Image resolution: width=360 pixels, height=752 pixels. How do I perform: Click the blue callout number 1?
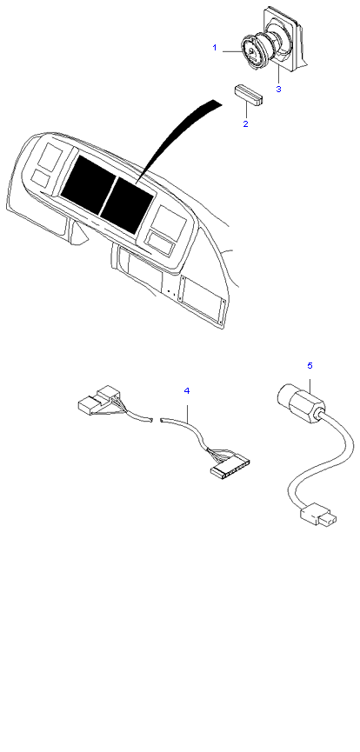215,48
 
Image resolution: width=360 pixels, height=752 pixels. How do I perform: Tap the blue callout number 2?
246,123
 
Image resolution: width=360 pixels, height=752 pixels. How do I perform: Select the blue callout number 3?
278,89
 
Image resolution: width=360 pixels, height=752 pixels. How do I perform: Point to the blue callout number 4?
187,391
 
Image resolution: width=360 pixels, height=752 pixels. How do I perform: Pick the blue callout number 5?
310,365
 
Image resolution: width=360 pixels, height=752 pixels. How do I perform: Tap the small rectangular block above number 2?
250,94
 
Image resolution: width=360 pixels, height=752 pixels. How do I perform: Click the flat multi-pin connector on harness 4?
230,467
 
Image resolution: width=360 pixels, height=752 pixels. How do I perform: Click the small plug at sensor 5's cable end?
317,516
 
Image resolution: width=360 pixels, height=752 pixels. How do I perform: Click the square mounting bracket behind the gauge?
284,36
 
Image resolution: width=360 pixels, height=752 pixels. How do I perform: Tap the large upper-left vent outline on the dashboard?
52,157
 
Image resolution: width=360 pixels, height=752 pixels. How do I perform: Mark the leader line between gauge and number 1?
233,50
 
